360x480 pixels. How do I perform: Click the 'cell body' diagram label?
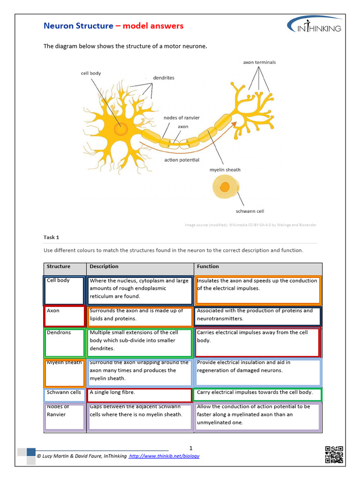(91, 74)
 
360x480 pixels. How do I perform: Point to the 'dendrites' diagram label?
(164, 78)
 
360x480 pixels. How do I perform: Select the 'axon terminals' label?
(259, 62)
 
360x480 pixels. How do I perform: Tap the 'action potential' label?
(182, 160)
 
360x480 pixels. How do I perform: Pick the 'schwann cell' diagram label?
(250, 211)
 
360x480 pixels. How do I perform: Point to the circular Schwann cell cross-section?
(225, 187)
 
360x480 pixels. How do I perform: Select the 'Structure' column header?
(59, 267)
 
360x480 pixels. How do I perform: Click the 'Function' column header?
(208, 267)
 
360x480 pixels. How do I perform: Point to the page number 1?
(191, 448)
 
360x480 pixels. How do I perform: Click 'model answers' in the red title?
(153, 26)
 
